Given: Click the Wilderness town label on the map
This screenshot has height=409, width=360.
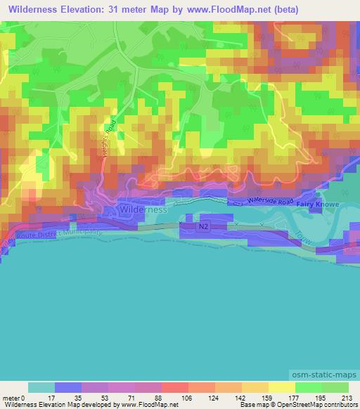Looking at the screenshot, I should point(143,209).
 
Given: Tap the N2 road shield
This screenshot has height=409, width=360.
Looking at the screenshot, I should point(203,226).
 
